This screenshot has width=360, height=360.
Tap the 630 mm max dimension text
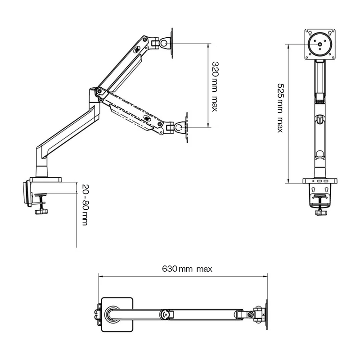[x=187, y=269]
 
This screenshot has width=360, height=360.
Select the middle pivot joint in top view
[x=166, y=313]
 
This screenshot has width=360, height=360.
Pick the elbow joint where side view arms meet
[x=99, y=93]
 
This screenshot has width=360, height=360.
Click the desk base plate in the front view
[x=320, y=181]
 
